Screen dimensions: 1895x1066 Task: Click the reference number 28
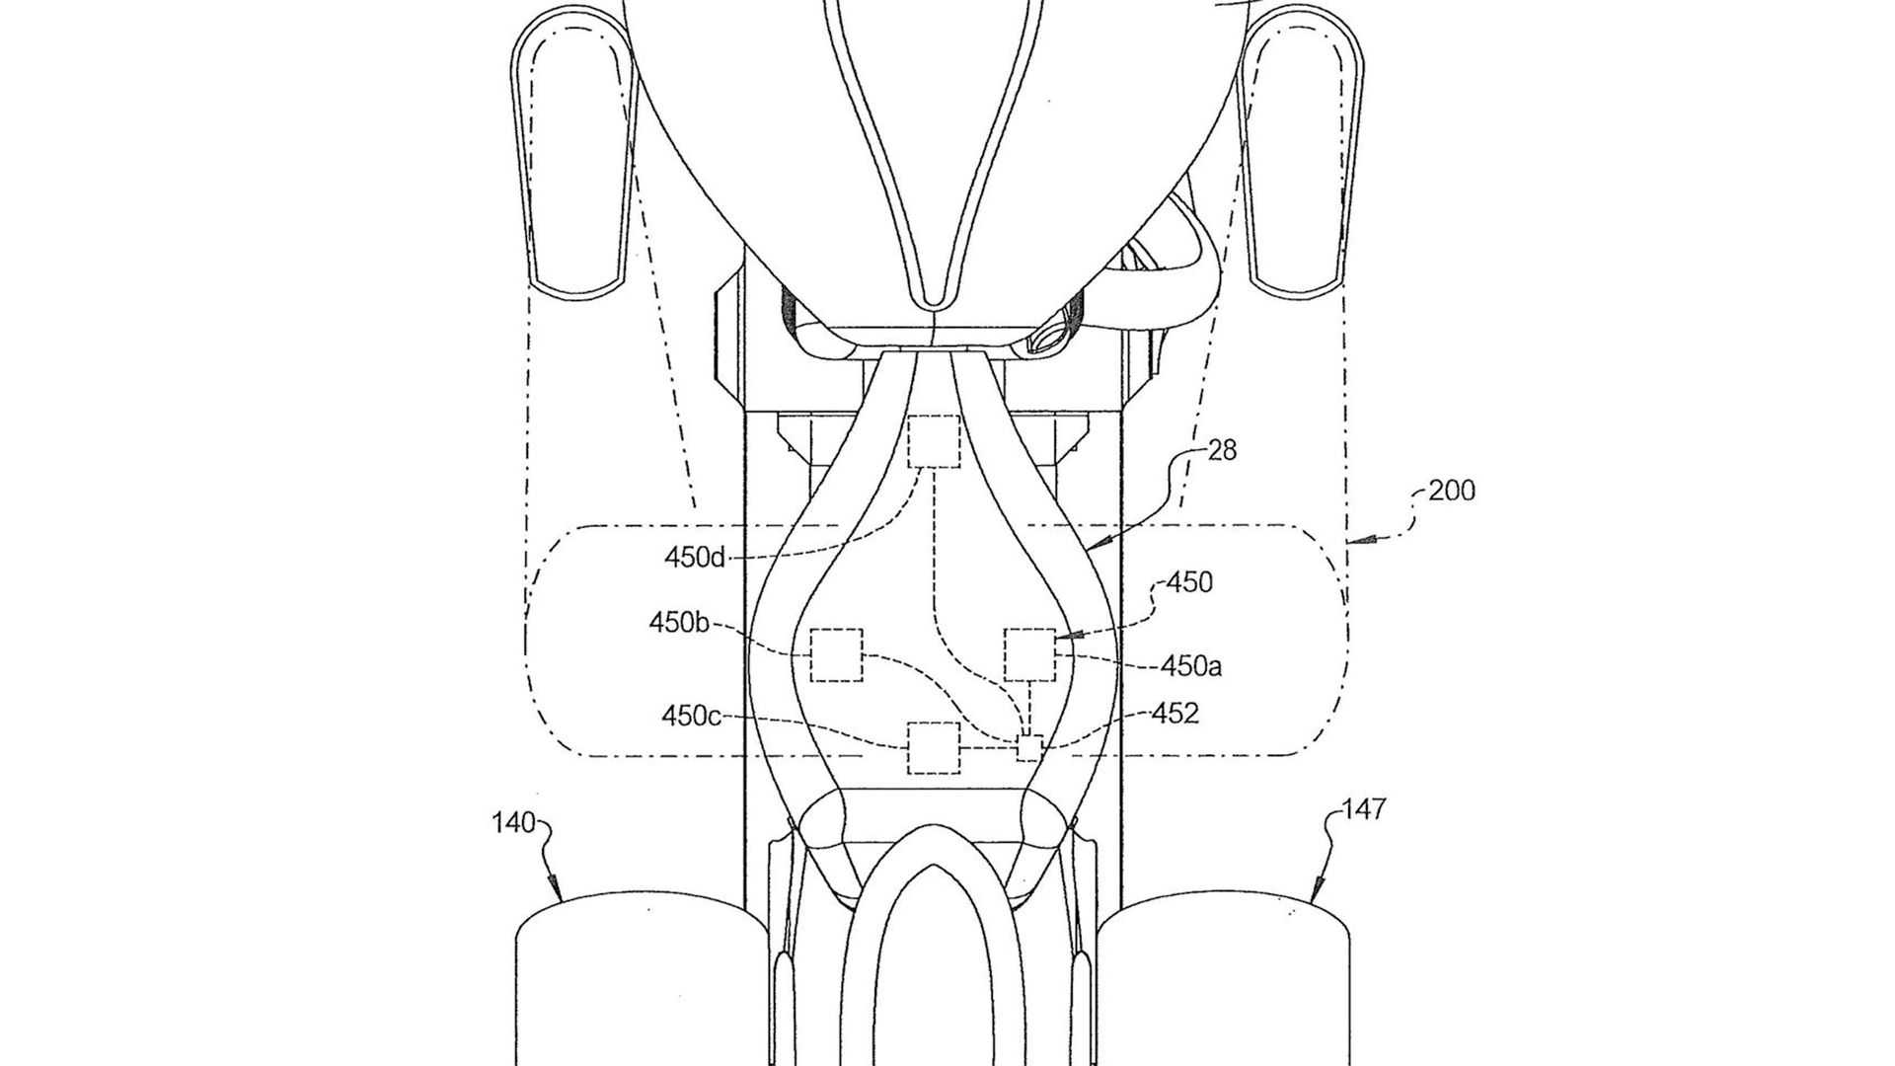pos(1222,450)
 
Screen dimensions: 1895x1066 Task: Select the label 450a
pos(1191,666)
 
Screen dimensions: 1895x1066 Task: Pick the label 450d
pos(695,558)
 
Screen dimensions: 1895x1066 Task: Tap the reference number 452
pos(1175,713)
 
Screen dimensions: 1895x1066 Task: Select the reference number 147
pos(1364,809)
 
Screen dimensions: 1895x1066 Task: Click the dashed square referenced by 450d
pos(933,441)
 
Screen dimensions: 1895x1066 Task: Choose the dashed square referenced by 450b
pos(836,654)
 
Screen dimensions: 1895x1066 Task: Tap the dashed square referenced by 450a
pos(1029,654)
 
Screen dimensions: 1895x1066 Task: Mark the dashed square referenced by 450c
pos(933,748)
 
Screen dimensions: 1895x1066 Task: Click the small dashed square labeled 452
pos(1029,748)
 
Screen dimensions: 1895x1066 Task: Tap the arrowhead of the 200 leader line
pos(1356,539)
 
